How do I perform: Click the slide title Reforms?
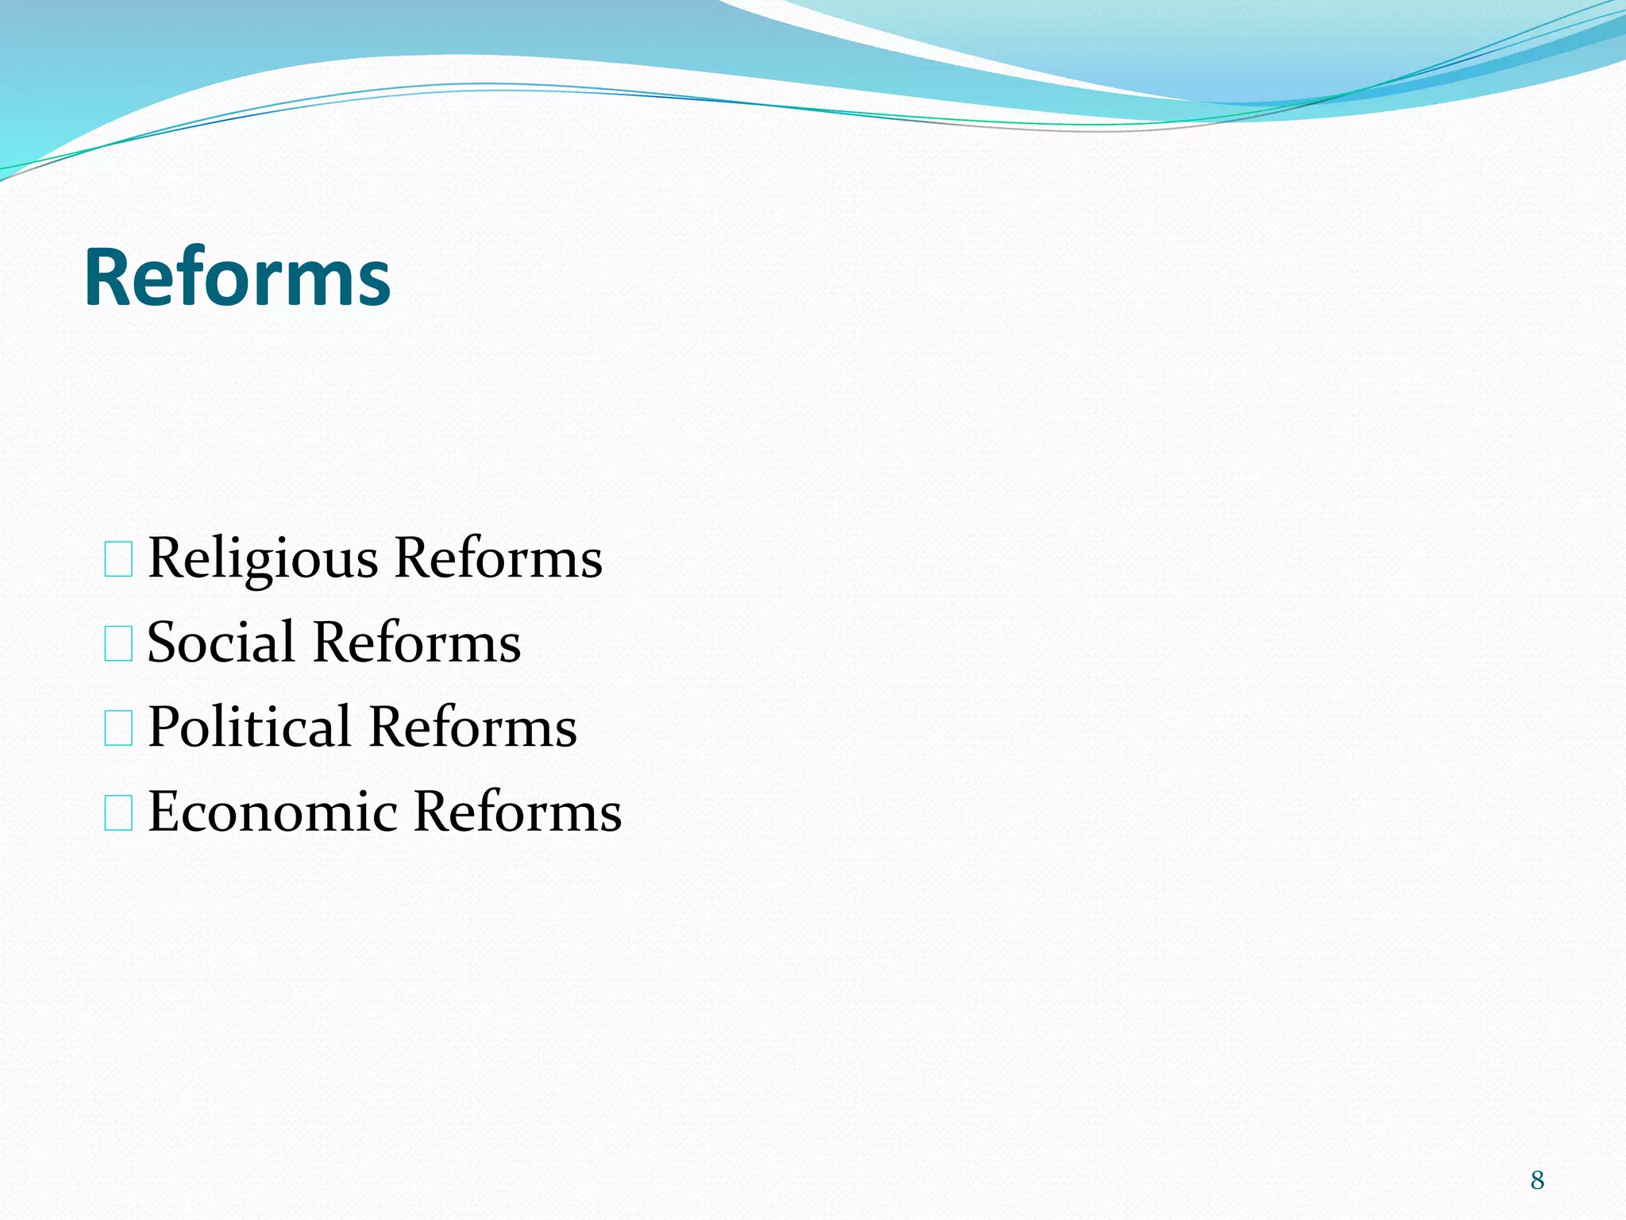pyautogui.click(x=237, y=277)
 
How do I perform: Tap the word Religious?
pyautogui.click(x=264, y=558)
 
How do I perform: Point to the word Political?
pyautogui.click(x=249, y=727)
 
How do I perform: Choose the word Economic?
pyautogui.click(x=272, y=812)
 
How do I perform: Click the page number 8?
pyautogui.click(x=1537, y=1180)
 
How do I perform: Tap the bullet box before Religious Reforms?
pyautogui.click(x=118, y=559)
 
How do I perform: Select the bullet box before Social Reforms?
pyautogui.click(x=118, y=643)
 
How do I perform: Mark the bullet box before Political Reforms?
pyautogui.click(x=118, y=728)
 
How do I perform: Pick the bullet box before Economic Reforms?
pyautogui.click(x=118, y=813)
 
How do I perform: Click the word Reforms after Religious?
pyautogui.click(x=498, y=558)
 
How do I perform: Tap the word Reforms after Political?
pyautogui.click(x=473, y=727)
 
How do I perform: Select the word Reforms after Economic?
pyautogui.click(x=518, y=812)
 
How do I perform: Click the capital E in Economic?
pyautogui.click(x=166, y=812)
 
